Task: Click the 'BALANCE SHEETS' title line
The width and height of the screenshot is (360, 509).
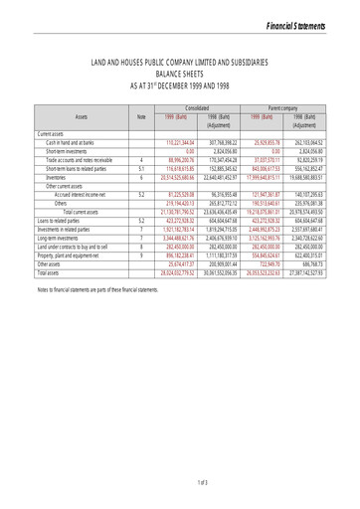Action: [x=179, y=74]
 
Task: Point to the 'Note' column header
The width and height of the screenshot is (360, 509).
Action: [x=141, y=117]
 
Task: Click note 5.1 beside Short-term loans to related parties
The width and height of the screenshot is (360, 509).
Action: [x=141, y=168]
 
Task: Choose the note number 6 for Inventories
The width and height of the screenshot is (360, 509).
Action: [x=141, y=176]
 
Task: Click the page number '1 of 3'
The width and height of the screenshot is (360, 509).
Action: [x=180, y=482]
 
